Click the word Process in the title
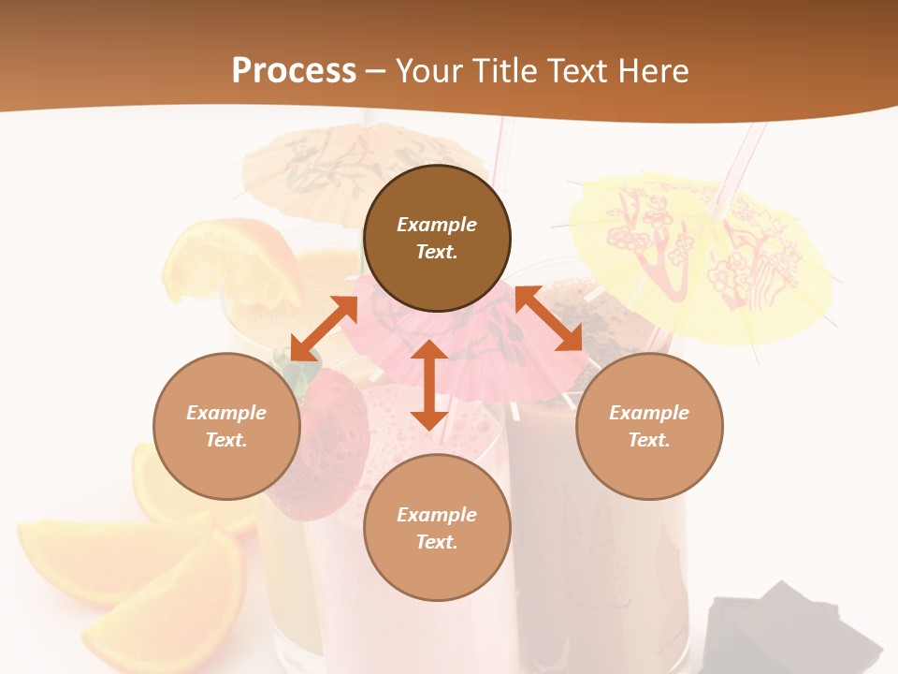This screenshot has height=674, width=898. [x=294, y=71]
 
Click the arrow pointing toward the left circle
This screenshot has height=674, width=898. [x=324, y=329]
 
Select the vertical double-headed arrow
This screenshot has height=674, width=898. [x=429, y=385]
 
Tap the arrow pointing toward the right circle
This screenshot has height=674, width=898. [x=549, y=319]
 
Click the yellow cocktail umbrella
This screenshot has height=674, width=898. [x=702, y=253]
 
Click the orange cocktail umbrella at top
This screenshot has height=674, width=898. [x=318, y=164]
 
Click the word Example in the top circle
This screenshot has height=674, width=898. [x=437, y=225]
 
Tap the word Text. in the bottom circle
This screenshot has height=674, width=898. [x=437, y=542]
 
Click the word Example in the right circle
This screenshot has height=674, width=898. [x=649, y=413]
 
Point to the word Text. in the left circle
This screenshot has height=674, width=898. [x=226, y=440]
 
